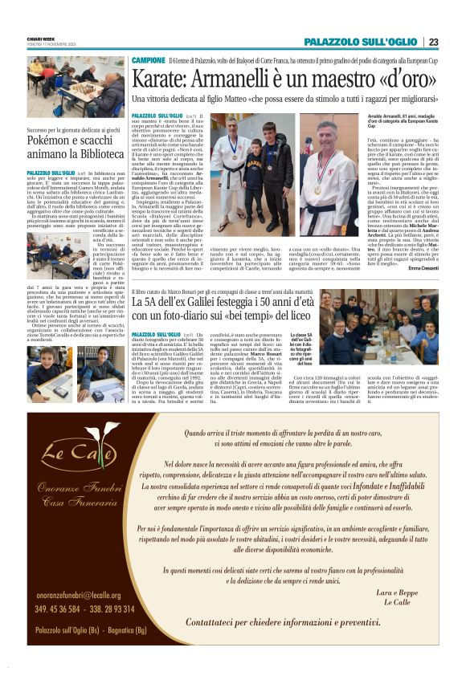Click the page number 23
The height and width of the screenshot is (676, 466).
tap(432, 43)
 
